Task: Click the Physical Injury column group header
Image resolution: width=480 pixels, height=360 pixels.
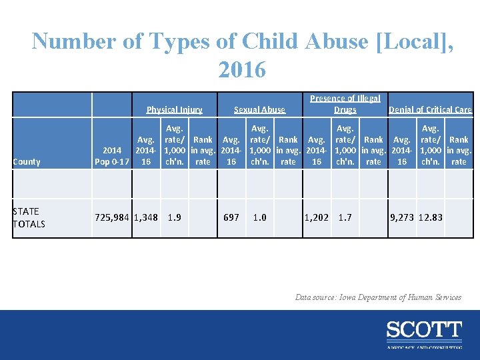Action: [175, 109]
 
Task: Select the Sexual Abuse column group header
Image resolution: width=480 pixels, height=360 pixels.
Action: [259, 109]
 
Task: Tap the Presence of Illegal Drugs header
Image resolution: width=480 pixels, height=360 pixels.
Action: [345, 104]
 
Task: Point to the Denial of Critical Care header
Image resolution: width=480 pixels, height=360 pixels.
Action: [430, 109]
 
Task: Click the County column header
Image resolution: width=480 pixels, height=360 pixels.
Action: [27, 161]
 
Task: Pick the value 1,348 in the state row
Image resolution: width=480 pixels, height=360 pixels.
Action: [146, 217]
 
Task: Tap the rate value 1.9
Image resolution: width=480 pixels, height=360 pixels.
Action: [174, 217]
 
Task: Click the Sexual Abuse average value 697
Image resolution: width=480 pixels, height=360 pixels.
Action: [231, 217]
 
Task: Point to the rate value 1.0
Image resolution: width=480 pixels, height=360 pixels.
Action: [259, 217]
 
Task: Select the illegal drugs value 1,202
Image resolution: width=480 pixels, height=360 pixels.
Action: [316, 217]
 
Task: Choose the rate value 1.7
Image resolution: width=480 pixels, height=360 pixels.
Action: [345, 217]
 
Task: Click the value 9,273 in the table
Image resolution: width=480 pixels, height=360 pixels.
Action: [402, 217]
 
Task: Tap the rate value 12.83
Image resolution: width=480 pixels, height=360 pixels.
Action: [430, 217]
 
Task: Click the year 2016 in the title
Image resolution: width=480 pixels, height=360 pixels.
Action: [241, 68]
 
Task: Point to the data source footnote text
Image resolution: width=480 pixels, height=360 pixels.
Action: [378, 297]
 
